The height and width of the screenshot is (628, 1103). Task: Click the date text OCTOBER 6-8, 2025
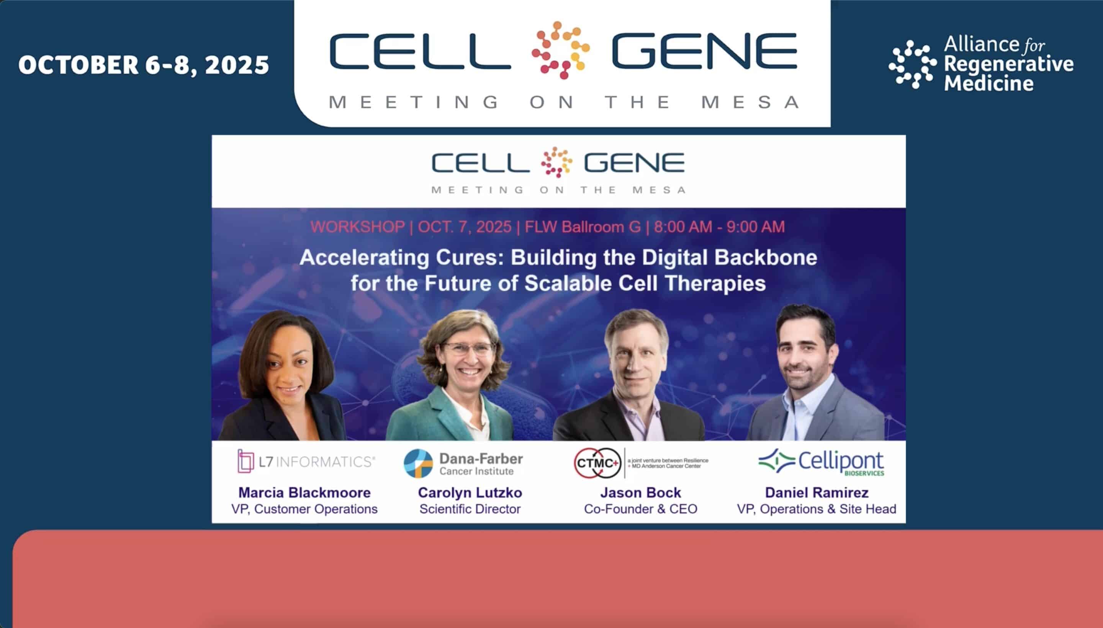pyautogui.click(x=144, y=65)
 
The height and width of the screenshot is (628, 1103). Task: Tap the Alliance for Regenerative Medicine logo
pyautogui.click(x=980, y=64)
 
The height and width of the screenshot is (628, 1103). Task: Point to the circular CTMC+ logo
pyautogui.click(x=597, y=463)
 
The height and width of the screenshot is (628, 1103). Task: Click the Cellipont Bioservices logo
pyautogui.click(x=821, y=463)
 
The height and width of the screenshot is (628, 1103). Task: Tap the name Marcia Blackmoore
pyautogui.click(x=304, y=492)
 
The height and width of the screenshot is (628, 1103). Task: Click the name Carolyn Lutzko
pyautogui.click(x=470, y=492)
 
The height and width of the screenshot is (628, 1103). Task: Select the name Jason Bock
pyautogui.click(x=640, y=492)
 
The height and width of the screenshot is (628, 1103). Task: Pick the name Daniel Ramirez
pyautogui.click(x=817, y=492)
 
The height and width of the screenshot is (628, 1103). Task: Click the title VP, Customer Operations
pyautogui.click(x=304, y=509)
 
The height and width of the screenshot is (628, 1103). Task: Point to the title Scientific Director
pyautogui.click(x=470, y=509)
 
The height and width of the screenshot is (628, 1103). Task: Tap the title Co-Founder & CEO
pyautogui.click(x=640, y=509)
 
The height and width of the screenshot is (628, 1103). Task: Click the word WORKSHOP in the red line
pyautogui.click(x=357, y=227)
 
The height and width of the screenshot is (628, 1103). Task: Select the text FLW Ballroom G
pyautogui.click(x=582, y=227)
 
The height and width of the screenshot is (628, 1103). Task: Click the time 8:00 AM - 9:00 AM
pyautogui.click(x=719, y=227)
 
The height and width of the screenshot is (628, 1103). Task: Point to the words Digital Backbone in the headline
pyautogui.click(x=729, y=258)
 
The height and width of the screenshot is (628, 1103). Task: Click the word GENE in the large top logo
pyautogui.click(x=704, y=51)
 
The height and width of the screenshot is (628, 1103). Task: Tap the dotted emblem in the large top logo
pyautogui.click(x=561, y=50)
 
